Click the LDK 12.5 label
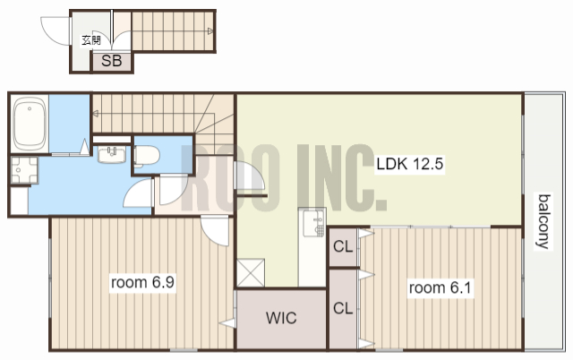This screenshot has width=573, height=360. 410,164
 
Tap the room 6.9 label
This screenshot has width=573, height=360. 142,282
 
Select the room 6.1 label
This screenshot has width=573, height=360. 440,288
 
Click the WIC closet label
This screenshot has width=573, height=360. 281,318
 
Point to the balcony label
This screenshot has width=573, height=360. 544,221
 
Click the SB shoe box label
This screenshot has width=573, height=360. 111,61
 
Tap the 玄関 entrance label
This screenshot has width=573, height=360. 91,39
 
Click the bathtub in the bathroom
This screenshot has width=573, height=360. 30,124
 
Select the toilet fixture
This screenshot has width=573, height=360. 147,155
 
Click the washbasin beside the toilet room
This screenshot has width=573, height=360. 112,155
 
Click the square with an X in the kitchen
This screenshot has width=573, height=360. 251,272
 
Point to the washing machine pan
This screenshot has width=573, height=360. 24,170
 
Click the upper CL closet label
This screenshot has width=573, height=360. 343,246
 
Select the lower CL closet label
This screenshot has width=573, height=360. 343,308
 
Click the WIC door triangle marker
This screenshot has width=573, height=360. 227,323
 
